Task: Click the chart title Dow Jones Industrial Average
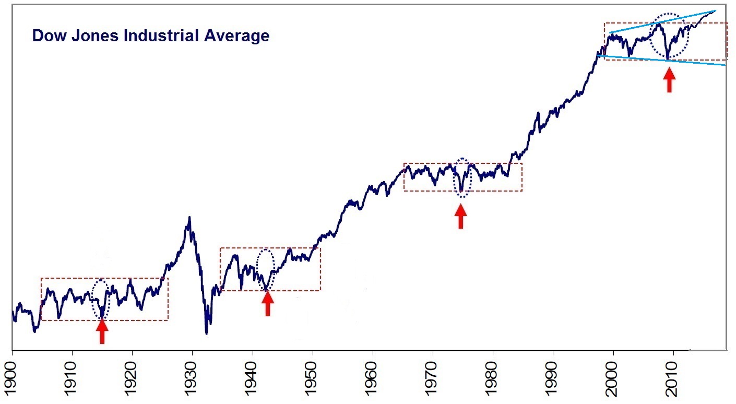[150, 36]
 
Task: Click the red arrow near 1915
[102, 331]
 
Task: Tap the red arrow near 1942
[267, 303]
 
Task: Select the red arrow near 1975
[460, 216]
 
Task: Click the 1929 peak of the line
[189, 217]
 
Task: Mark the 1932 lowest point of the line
[207, 333]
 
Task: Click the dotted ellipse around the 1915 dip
[101, 299]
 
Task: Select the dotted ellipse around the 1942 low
[266, 269]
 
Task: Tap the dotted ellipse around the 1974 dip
[462, 177]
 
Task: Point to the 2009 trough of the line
[668, 58]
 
